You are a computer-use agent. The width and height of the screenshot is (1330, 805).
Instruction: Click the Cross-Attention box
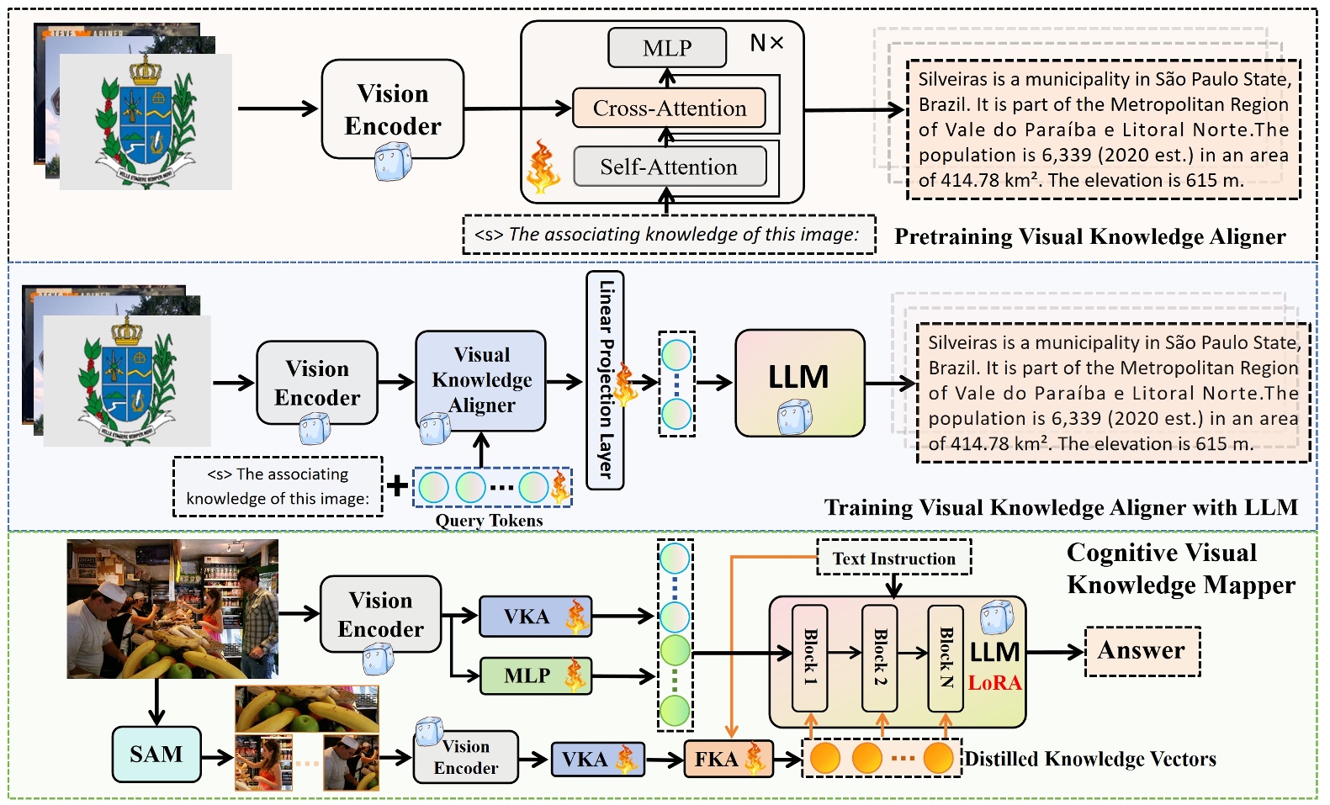669,109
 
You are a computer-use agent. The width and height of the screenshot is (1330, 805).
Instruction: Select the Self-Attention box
669,167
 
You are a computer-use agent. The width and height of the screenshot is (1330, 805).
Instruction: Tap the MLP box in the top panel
667,48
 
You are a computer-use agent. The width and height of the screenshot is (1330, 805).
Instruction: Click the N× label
766,43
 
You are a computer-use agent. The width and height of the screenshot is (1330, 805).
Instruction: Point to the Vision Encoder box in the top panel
393,109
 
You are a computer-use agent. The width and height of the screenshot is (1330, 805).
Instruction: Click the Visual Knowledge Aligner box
481,380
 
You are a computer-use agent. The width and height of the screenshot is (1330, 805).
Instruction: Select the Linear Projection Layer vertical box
605,380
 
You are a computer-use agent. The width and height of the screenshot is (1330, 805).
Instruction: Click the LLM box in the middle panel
799,383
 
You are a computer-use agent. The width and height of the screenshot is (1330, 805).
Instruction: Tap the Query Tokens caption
489,521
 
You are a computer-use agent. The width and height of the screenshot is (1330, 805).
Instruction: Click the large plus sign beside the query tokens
397,485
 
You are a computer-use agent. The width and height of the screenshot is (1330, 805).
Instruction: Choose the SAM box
156,755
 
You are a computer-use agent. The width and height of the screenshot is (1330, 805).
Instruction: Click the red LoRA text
994,682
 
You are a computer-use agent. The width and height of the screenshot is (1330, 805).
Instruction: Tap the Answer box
1142,651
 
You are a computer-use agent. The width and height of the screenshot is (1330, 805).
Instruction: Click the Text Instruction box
893,559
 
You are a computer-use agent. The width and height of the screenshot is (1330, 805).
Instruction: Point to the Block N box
946,657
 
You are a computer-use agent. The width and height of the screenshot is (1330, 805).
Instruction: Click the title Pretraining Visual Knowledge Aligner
1089,237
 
